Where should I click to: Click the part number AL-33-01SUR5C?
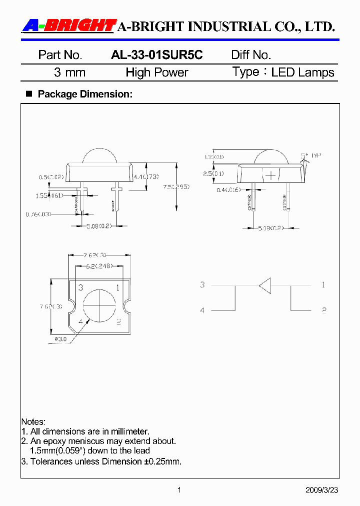[156, 55]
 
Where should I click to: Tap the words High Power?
[156, 72]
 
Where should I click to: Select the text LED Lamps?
[302, 72]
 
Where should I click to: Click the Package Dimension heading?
[85, 94]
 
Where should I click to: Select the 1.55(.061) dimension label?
[49, 195]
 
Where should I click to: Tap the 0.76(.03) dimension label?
[38, 214]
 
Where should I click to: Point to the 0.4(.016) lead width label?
[228, 189]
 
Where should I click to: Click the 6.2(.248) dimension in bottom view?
[98, 266]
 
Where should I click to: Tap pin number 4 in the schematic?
[202, 310]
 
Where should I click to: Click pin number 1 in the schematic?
[323, 285]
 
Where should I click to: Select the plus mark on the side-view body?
[270, 175]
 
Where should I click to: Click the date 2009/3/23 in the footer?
[321, 490]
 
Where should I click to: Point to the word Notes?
[33, 422]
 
